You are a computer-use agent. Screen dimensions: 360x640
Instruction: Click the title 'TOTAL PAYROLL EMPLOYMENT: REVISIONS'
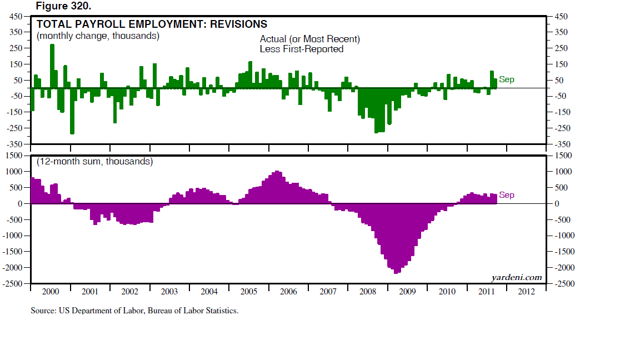pos(152,24)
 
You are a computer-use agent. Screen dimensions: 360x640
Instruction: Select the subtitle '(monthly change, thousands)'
pos(98,36)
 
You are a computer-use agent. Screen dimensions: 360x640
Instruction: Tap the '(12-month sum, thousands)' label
pos(94,162)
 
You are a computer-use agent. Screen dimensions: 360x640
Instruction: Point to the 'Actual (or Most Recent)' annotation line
pos(310,39)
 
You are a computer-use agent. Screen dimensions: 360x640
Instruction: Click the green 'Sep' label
pos(507,80)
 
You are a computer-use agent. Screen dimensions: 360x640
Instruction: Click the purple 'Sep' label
pos(507,195)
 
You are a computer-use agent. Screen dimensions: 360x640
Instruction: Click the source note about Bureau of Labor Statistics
pos(134,311)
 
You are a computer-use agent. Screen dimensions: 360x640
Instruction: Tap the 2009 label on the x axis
pos(407,292)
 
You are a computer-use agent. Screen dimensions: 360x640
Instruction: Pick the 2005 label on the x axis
pos(249,292)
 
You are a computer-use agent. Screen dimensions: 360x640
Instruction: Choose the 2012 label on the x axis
pos(526,292)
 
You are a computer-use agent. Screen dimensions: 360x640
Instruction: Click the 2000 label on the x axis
pos(51,292)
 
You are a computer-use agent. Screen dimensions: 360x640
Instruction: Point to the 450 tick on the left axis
pos(15,16)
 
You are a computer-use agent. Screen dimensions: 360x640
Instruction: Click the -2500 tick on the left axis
pos(13,284)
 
